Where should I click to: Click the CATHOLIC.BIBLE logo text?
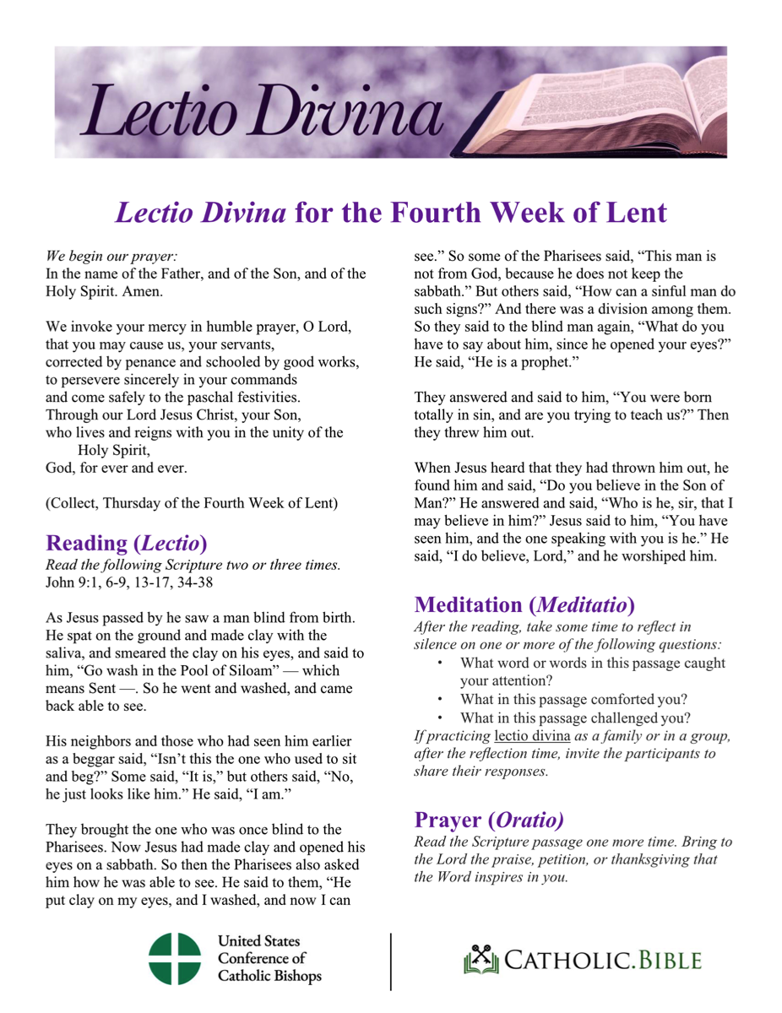click(597, 961)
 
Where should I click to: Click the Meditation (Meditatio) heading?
click(524, 604)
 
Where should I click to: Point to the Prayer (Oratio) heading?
click(488, 820)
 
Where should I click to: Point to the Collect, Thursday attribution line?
click(193, 504)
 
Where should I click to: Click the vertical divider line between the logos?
click(391, 961)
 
